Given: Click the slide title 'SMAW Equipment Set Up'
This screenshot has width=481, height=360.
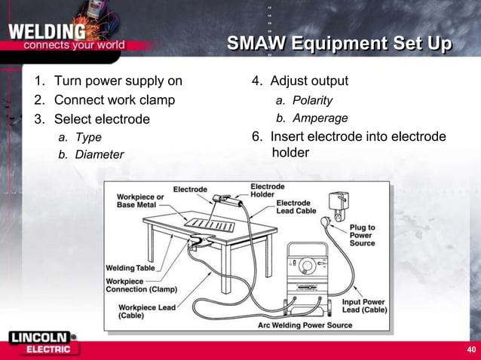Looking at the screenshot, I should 339,47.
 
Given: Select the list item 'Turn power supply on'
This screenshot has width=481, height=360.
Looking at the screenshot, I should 118,81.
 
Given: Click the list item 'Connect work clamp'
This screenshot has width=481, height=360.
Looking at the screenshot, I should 114,100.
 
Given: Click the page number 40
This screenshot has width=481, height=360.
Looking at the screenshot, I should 471,350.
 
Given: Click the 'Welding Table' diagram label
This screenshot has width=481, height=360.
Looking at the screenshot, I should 130,268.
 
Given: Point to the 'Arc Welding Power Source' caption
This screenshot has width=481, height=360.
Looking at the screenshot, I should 305,325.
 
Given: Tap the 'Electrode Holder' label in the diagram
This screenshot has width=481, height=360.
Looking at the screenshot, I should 267,190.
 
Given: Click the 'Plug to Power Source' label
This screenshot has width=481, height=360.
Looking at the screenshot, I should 362,235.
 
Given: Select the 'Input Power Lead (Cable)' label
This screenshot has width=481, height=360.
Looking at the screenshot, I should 365,306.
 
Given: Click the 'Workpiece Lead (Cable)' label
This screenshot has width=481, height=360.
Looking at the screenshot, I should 148,311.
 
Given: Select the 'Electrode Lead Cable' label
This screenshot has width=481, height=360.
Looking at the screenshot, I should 293,207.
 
